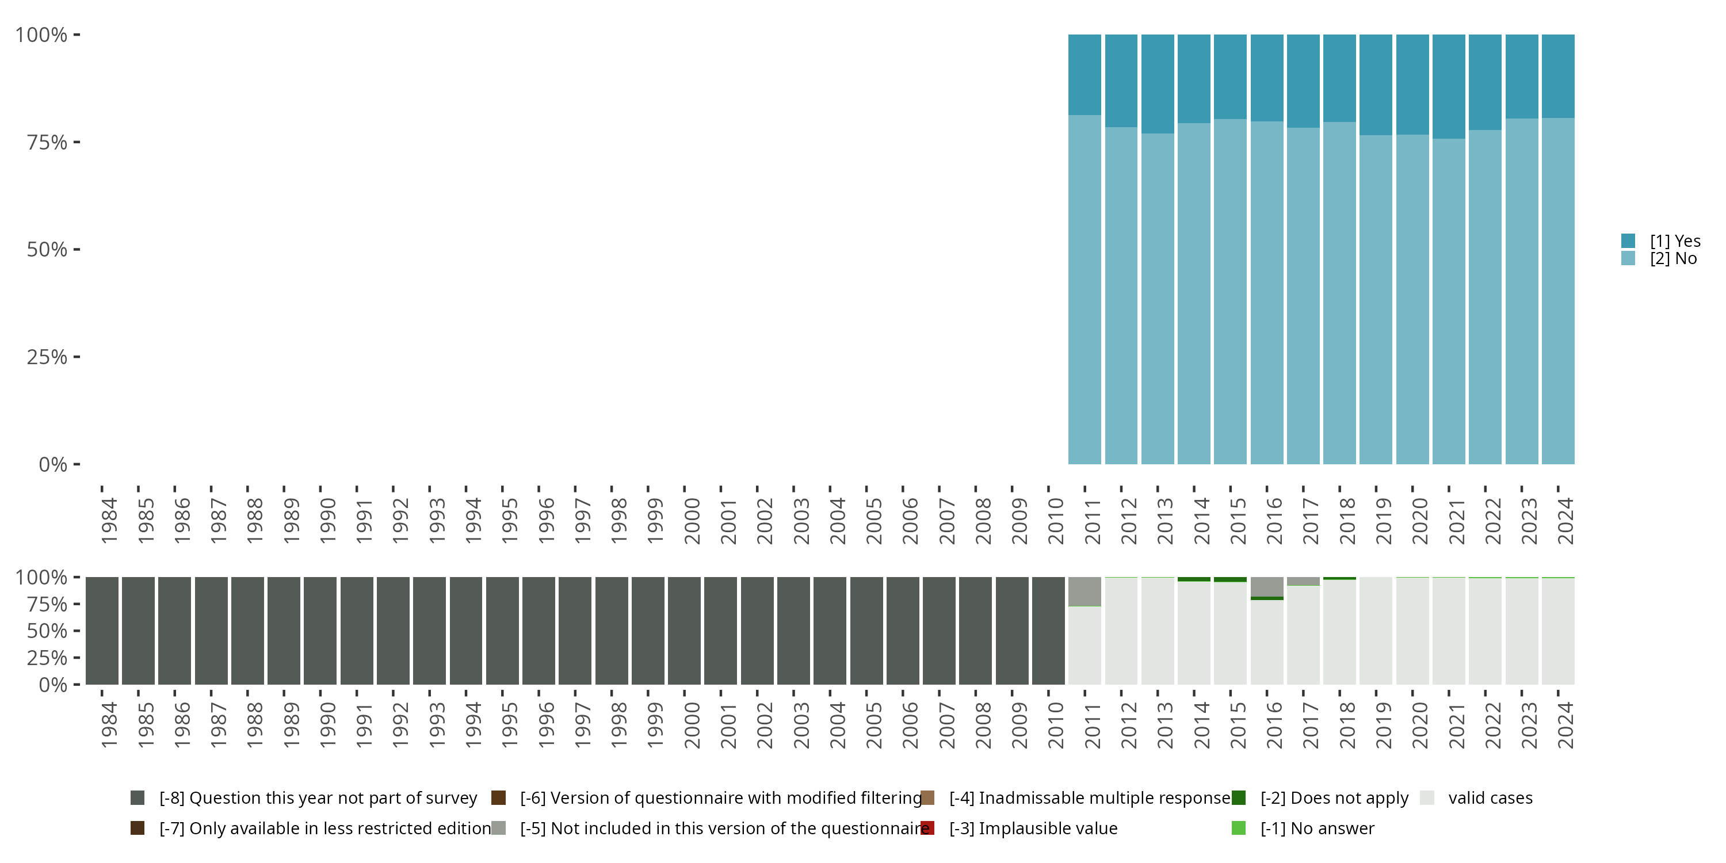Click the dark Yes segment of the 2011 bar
[1084, 74]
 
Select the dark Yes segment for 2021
[1449, 86]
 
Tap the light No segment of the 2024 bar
[1558, 291]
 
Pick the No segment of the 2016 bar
[1266, 292]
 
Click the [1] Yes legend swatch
[1628, 240]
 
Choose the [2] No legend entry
[1672, 259]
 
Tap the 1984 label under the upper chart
[109, 521]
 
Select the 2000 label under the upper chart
[692, 521]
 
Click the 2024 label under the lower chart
[1565, 725]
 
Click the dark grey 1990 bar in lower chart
[320, 631]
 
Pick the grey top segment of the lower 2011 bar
[1084, 591]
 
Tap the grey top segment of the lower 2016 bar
[1266, 586]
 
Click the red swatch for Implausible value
[927, 828]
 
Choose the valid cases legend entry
[1490, 798]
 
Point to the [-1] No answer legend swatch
[1238, 828]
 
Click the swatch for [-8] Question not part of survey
[138, 798]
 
